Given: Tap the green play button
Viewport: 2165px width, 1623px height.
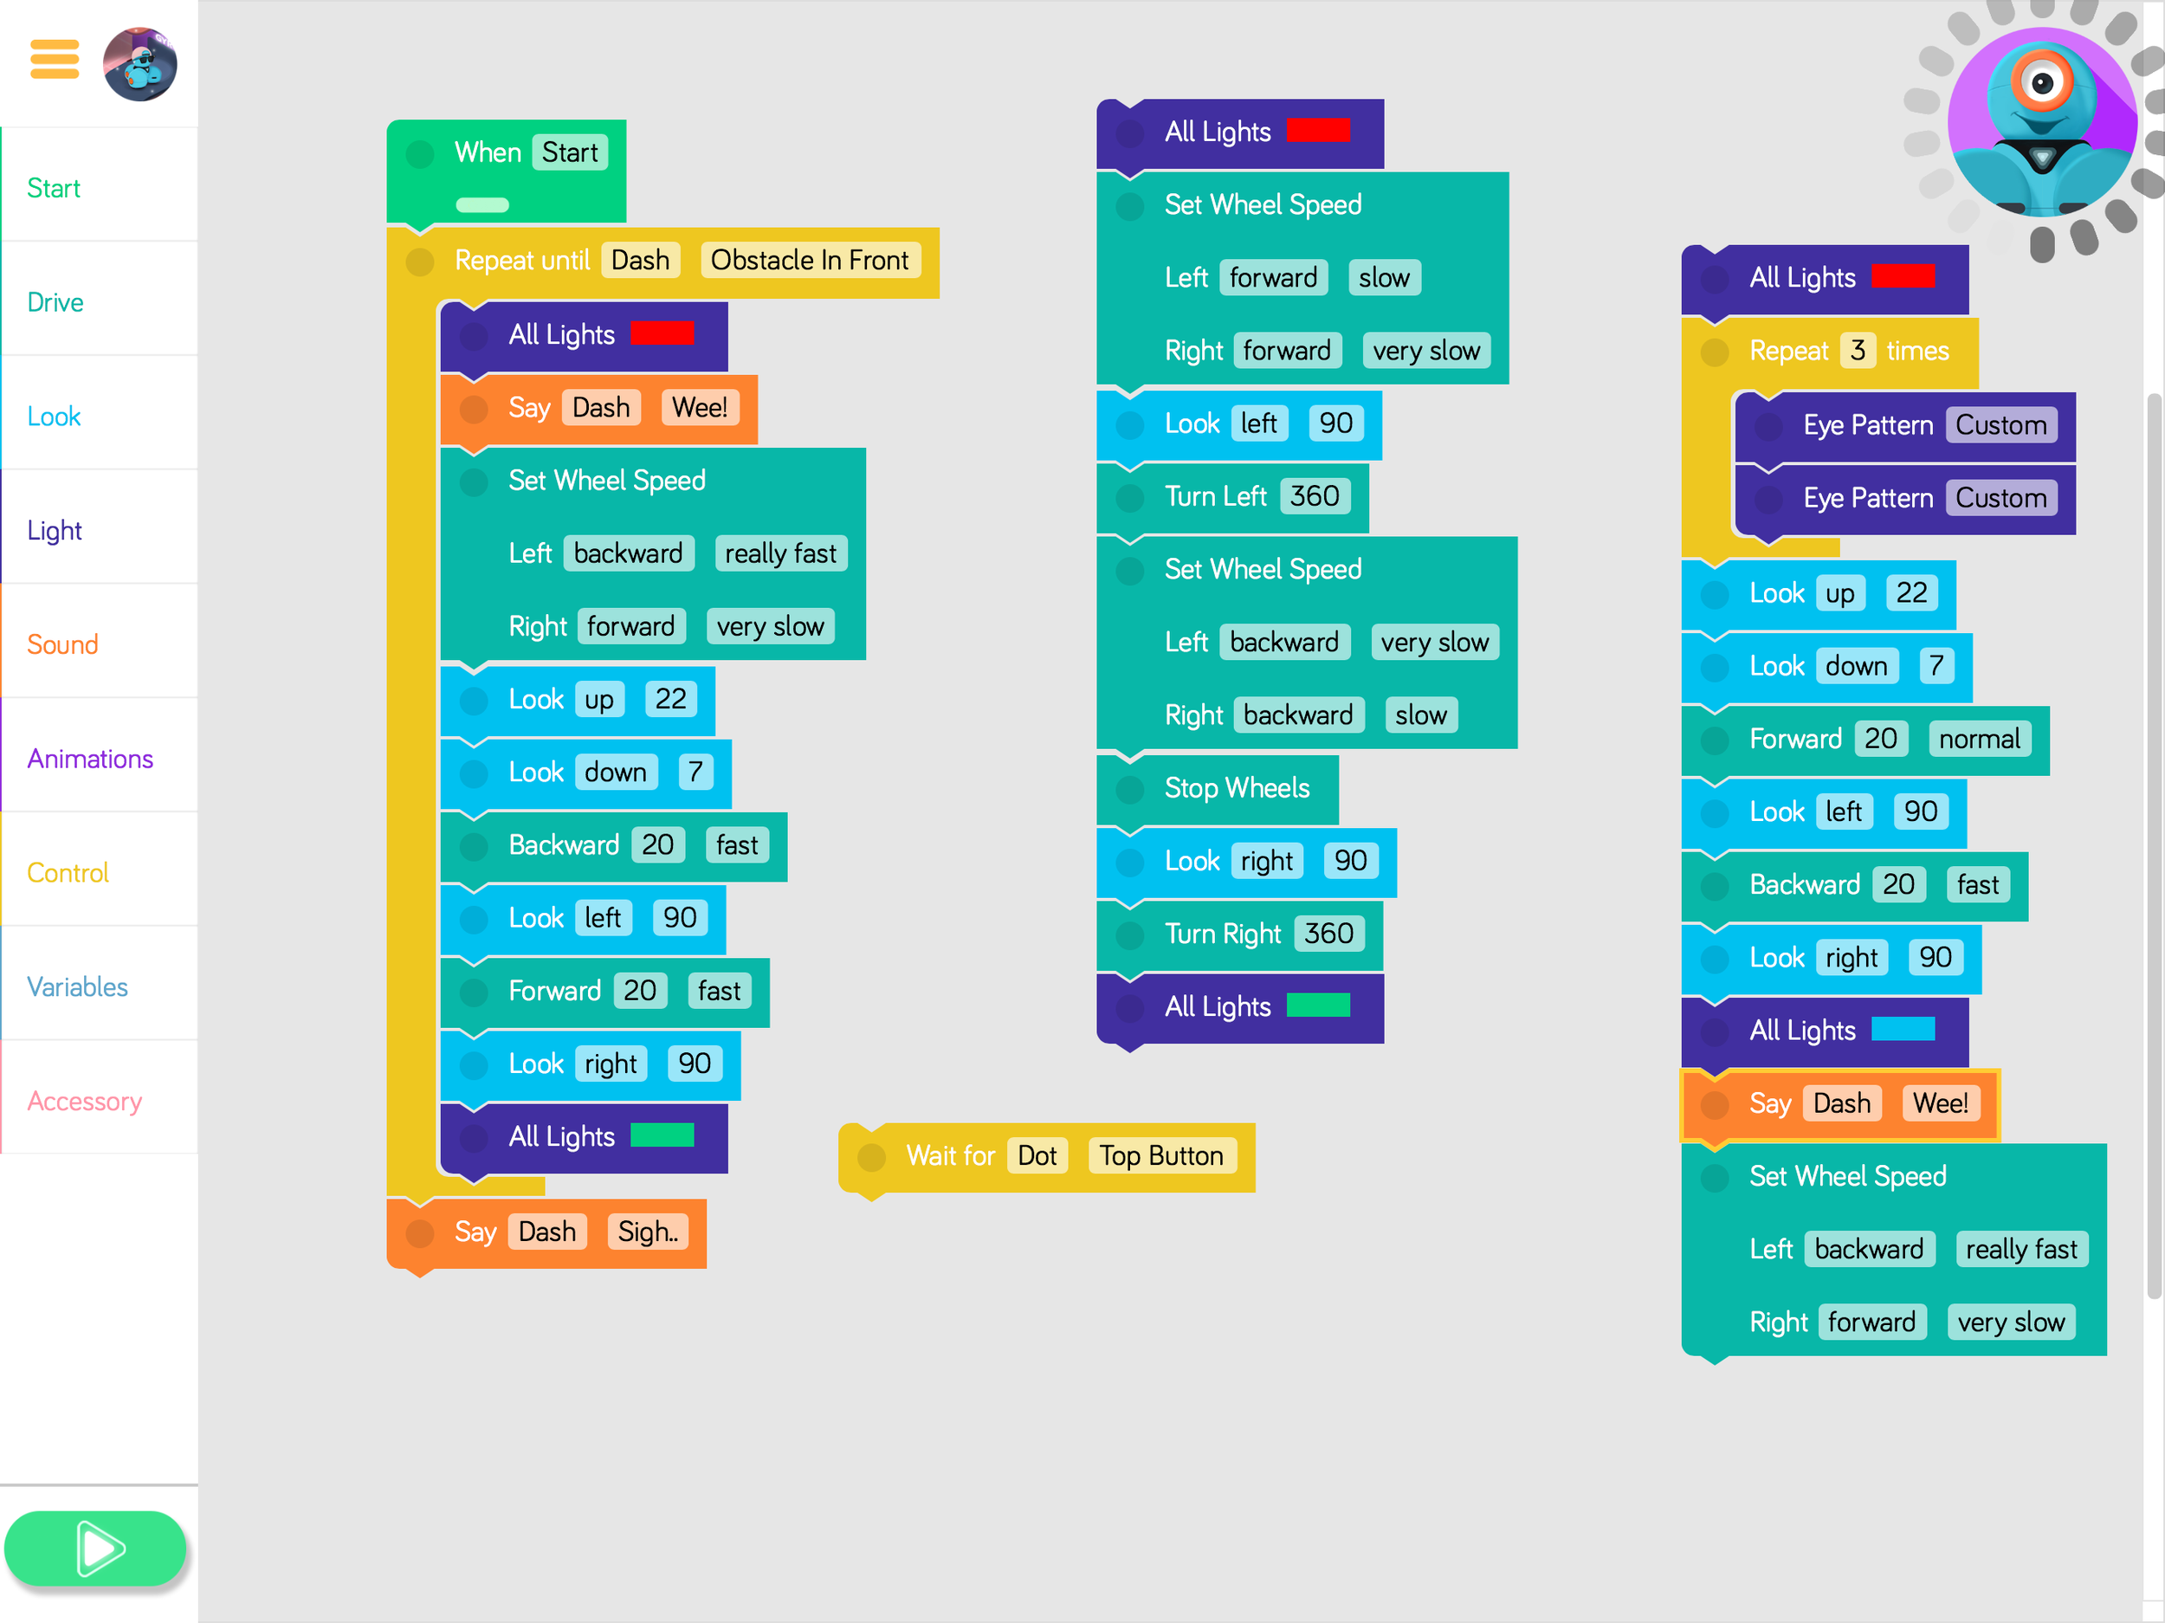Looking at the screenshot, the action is [x=95, y=1549].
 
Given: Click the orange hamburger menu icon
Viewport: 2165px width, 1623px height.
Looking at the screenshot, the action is [x=55, y=59].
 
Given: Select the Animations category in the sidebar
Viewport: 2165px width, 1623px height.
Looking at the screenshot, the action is [x=90, y=759].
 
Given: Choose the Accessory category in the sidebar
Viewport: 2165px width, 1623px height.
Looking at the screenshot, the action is [x=85, y=1102].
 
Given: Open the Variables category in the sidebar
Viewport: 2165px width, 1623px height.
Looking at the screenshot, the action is [x=77, y=986].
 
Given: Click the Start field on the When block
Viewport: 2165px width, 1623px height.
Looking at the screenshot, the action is [x=570, y=152].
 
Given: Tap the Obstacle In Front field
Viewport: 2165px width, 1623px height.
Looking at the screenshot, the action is [x=810, y=261].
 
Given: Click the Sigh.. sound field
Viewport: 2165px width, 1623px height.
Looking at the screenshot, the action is [x=647, y=1232].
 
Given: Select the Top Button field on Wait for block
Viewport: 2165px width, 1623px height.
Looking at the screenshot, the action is [x=1160, y=1156].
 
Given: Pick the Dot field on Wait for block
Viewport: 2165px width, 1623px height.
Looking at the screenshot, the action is [x=1037, y=1156].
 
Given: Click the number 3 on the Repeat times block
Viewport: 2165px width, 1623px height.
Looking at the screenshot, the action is [x=1857, y=351].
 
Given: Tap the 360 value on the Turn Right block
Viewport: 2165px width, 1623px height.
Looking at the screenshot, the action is [x=1328, y=934].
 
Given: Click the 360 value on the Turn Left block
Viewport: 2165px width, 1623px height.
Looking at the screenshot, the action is [x=1314, y=496].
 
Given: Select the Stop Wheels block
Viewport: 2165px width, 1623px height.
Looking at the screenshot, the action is [x=1236, y=788].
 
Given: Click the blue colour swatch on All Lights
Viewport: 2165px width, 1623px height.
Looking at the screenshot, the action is [x=1902, y=1029].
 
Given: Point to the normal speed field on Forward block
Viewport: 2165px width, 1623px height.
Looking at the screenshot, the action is [x=1978, y=739].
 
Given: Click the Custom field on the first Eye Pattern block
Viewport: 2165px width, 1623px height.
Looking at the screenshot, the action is [x=2000, y=425].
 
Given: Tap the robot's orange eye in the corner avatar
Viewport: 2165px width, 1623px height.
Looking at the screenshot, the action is [x=2042, y=83].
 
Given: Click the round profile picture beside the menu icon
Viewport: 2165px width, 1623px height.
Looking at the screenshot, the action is [x=140, y=65].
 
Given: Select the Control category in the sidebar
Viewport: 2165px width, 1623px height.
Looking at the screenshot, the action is [x=68, y=873].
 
